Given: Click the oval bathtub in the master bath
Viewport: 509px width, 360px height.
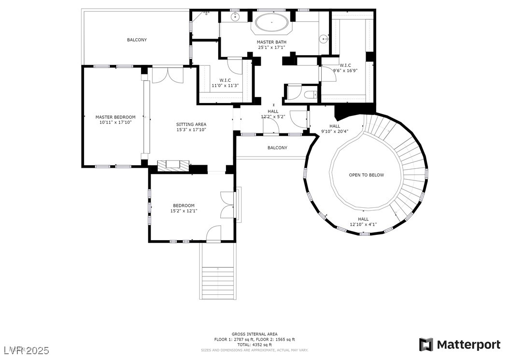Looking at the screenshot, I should (271, 23).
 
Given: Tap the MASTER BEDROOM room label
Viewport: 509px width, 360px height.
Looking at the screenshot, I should (115, 117).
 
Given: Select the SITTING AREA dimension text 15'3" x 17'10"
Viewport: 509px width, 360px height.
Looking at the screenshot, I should (191, 130).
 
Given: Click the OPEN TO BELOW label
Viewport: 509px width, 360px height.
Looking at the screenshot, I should (367, 175).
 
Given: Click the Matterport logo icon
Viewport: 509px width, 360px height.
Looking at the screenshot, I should (426, 345).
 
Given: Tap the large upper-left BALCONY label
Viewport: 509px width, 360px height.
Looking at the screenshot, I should (137, 40).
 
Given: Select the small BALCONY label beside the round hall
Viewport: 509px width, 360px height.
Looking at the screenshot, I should (277, 148).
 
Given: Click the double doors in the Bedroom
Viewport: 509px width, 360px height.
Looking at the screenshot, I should (226, 205).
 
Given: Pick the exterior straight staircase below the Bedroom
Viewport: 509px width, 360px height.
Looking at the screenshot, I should (218, 280).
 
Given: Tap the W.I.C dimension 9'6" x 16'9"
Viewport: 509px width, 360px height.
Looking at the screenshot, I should (345, 71).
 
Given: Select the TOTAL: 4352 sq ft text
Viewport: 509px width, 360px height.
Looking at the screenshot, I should (254, 345).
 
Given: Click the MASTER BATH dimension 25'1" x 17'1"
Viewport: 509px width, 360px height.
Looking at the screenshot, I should (271, 47).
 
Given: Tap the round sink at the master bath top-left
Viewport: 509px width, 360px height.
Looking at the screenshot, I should (236, 18).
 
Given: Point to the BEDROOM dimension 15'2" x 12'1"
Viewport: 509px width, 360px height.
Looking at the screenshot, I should (184, 211).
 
